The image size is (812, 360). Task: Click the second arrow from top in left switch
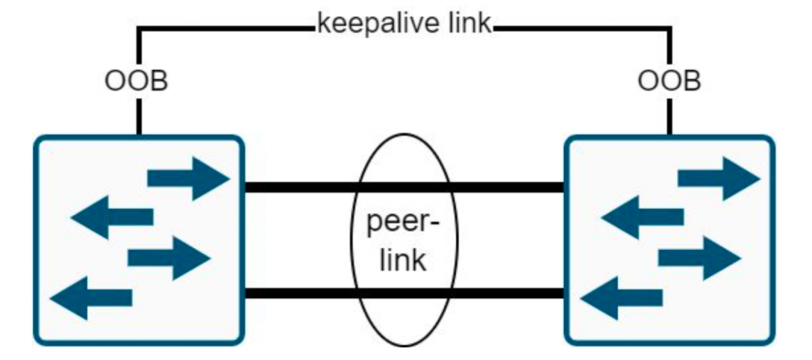tap(112, 217)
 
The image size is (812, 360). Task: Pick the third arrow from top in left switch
tap(168, 258)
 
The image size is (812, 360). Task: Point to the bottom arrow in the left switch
tap(91, 297)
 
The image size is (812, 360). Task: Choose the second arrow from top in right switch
tap(642, 217)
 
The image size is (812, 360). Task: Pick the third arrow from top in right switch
tap(699, 258)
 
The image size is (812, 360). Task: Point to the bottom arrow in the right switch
tap(622, 297)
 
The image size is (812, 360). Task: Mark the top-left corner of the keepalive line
tap(140, 29)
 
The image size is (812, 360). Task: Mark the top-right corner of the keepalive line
tap(670, 29)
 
